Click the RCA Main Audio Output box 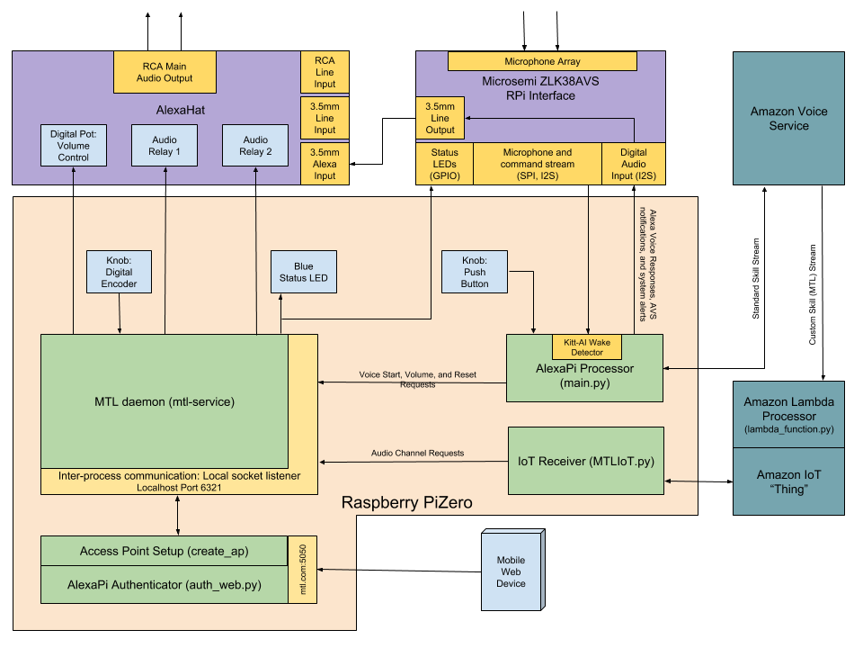coord(165,72)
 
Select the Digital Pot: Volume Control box coord(73,145)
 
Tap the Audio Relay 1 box coord(165,145)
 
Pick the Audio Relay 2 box coord(255,145)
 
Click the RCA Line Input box coord(325,72)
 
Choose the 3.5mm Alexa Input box coord(325,163)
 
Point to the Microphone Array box coord(542,61)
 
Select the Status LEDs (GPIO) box coord(444,163)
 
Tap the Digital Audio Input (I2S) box coord(634,163)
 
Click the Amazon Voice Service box coord(788,118)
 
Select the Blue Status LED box coord(304,272)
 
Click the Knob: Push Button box coord(475,271)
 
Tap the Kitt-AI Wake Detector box coord(587,346)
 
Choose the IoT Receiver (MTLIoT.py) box coord(585,461)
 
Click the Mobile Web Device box coord(511,571)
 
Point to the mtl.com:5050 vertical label coord(303,571)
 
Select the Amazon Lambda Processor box coord(788,414)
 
